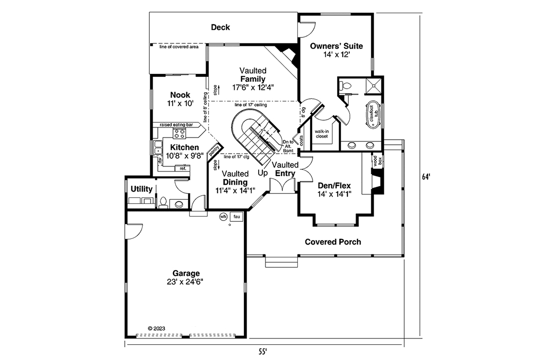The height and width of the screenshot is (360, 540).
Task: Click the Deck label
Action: (x=220, y=27)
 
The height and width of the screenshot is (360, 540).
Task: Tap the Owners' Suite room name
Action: (x=337, y=46)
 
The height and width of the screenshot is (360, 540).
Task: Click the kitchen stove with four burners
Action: (x=180, y=133)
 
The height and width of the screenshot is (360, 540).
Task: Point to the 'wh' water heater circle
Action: (x=223, y=217)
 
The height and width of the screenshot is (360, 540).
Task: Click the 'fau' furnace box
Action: (x=236, y=217)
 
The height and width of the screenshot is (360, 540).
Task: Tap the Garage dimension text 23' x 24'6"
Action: (x=185, y=282)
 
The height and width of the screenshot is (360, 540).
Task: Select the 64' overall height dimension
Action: (x=426, y=177)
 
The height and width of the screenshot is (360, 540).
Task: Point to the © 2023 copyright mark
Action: (x=156, y=328)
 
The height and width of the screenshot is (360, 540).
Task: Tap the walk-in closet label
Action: (x=321, y=134)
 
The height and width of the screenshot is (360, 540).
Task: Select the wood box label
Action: (x=374, y=162)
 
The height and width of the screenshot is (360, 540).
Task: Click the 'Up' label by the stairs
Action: (x=262, y=172)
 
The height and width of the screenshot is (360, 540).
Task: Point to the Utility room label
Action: (x=141, y=189)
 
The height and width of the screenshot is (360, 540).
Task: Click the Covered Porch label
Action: (x=333, y=242)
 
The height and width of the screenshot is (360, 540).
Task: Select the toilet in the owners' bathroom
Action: (x=346, y=85)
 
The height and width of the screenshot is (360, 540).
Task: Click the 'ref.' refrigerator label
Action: (x=183, y=168)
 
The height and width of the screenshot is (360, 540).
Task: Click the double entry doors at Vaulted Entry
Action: (x=282, y=185)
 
